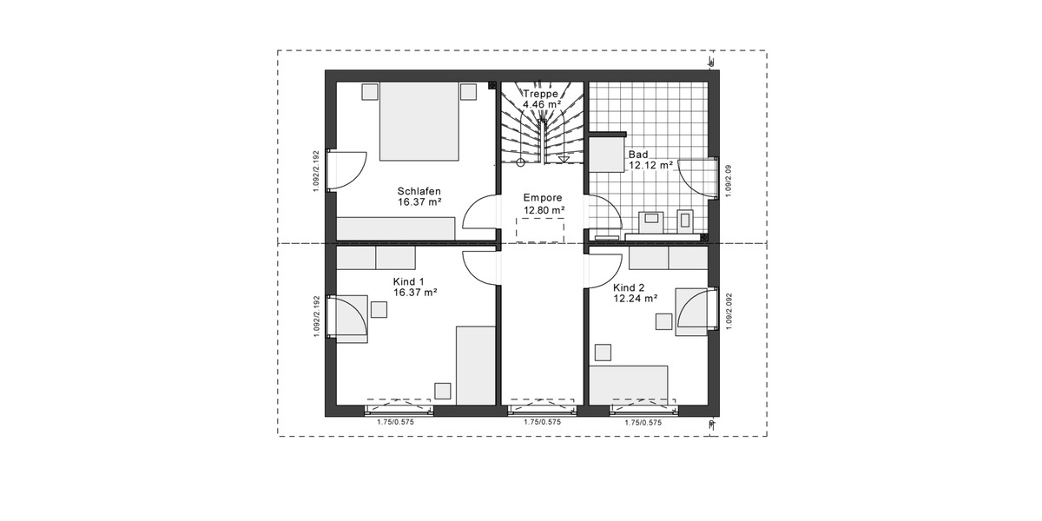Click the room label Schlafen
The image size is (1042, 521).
pos(419,191)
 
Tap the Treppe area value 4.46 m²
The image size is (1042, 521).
pos(542,103)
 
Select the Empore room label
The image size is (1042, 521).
pos(543,197)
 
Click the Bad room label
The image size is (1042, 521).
pos(638,154)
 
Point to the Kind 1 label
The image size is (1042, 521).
pos(408,281)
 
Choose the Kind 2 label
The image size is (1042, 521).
pos(629,287)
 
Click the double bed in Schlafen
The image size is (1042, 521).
pos(419,122)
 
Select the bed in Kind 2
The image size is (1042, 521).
pos(629,384)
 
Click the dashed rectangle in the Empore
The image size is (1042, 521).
pos(540,230)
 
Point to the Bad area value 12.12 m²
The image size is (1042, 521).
pos(651,165)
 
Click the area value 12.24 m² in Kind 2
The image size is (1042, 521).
pos(635,298)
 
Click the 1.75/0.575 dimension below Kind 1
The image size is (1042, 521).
pos(395,422)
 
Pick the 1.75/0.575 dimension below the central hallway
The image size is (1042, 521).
pos(542,422)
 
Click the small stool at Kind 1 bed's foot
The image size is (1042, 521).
pos(443,391)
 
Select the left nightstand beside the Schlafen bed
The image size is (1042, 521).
pos(370,91)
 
